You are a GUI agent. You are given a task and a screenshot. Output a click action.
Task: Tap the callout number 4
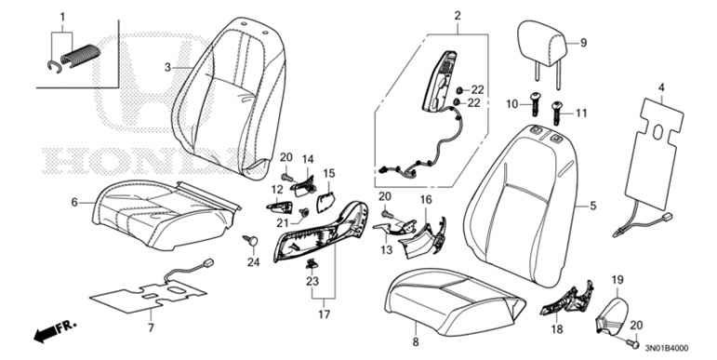661,88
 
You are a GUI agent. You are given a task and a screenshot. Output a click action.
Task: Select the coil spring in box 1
81,53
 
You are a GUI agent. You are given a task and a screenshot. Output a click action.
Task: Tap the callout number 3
168,68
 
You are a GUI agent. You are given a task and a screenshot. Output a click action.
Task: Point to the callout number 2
458,15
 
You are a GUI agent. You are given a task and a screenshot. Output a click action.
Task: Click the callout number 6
73,201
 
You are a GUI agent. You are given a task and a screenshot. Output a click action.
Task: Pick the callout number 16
425,200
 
